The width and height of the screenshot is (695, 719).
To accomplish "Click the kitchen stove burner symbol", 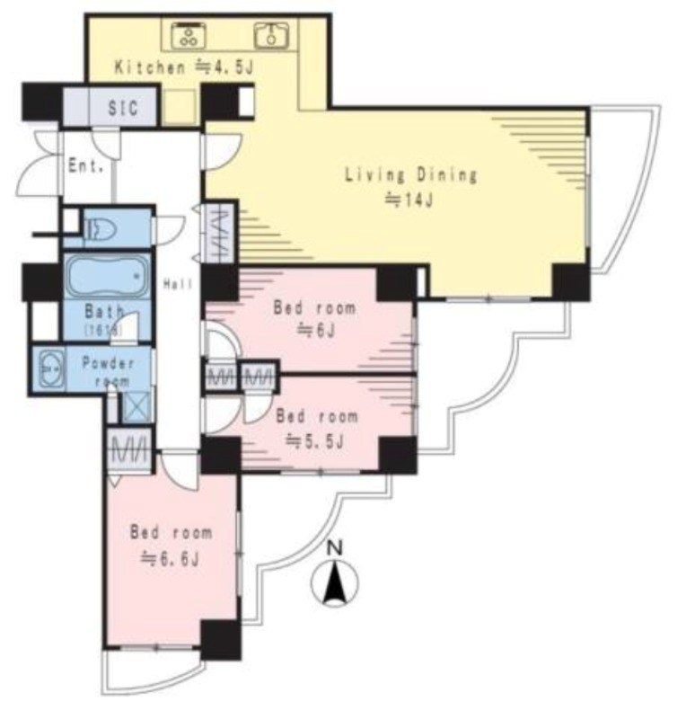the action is coord(189,35).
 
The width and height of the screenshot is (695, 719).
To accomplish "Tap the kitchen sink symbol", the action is coord(272,35).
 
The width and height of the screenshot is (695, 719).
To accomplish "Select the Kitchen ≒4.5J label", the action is coord(184,67).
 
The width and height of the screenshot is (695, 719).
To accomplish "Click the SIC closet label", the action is coord(123,108).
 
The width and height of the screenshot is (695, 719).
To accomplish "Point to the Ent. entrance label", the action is coord(85,165).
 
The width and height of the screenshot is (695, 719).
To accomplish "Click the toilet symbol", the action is coord(102,228).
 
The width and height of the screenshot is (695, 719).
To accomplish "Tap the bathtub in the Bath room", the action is coord(108,277).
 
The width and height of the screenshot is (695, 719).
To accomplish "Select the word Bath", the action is coord(104,312).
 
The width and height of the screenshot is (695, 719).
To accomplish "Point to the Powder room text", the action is coord(109,372).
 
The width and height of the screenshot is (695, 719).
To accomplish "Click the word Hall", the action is coord(178,284).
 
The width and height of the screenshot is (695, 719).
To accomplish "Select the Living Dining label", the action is coord(411,174).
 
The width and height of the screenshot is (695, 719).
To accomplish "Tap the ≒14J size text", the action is coord(409,200).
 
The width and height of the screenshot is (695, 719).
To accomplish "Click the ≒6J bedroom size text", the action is coord(317,330).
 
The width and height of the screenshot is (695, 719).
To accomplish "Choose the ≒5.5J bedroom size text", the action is coord(314,441).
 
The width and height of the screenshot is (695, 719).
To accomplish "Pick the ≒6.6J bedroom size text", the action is coord(170,559).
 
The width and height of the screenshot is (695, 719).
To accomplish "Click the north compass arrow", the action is coord(335,582).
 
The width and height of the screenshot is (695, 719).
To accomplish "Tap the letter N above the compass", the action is coord(336,548).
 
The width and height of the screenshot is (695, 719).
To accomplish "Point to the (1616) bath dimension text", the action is coord(103,329).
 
